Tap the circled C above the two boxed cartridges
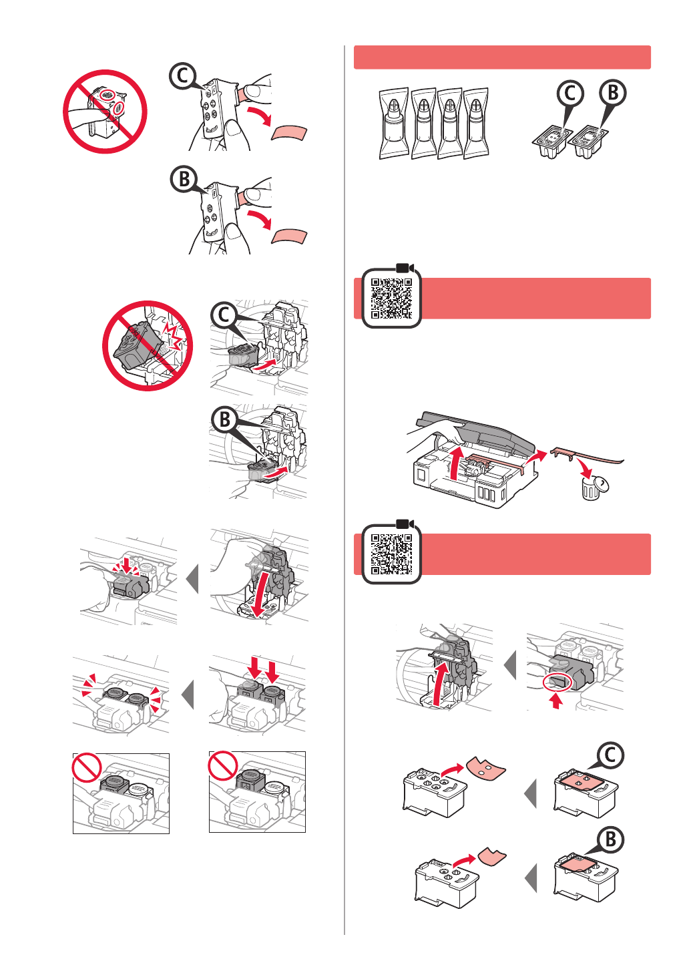(570, 93)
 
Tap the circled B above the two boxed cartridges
(613, 93)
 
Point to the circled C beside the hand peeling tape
(183, 76)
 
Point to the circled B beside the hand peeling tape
(184, 179)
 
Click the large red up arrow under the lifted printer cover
(455, 464)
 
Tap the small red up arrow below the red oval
(555, 701)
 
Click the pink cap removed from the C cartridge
(485, 767)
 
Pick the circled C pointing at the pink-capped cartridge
(610, 755)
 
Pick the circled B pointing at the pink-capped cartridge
(610, 839)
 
